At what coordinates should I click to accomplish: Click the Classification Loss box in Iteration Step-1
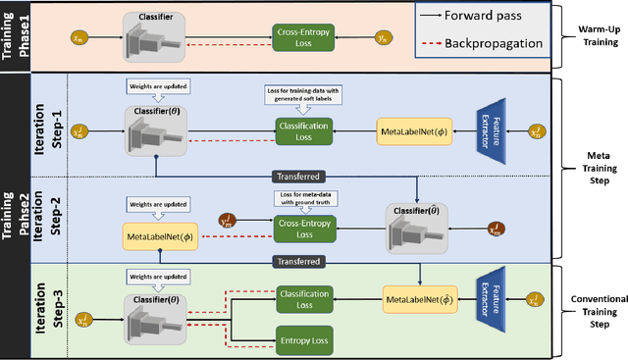click(303, 130)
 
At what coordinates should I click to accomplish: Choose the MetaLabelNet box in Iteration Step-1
click(414, 130)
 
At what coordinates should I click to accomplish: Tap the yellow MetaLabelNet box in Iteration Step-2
click(159, 235)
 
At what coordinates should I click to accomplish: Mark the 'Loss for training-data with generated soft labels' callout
click(303, 96)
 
